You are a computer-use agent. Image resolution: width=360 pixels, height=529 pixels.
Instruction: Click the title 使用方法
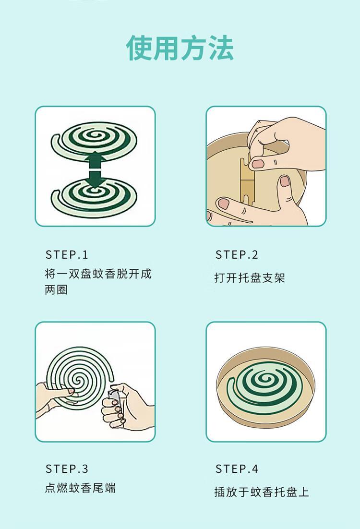tap(180, 48)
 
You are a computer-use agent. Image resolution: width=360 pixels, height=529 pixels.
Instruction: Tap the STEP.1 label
tap(67, 255)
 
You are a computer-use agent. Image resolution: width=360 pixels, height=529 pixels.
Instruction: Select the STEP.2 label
tap(237, 255)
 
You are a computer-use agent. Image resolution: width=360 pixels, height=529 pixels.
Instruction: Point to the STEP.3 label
tap(67, 469)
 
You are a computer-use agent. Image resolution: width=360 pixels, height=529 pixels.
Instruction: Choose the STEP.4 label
tap(237, 469)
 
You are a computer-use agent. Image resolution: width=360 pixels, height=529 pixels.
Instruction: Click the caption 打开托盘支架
tap(250, 277)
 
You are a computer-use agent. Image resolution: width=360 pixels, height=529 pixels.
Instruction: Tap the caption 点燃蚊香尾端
tap(80, 488)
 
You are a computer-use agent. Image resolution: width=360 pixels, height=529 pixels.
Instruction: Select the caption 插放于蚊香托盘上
tap(262, 492)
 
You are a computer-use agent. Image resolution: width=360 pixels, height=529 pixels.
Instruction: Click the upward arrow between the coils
tap(96, 159)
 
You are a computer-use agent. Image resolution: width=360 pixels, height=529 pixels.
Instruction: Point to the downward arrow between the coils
tap(96, 179)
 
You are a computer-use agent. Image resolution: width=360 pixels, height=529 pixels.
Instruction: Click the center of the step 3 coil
tap(78, 380)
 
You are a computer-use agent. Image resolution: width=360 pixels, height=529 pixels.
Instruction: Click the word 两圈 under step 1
tap(56, 290)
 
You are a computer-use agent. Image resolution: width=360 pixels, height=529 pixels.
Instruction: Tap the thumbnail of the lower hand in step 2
tap(285, 181)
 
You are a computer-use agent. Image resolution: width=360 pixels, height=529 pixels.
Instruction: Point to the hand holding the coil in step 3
tap(54, 398)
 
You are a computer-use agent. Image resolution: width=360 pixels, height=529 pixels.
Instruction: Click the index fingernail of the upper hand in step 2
tap(258, 164)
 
